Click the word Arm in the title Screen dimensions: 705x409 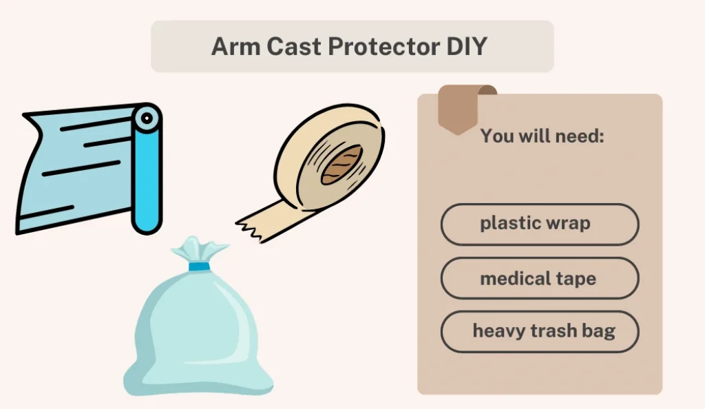[x=235, y=46]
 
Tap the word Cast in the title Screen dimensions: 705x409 [x=293, y=46]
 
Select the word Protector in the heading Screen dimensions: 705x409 [x=383, y=46]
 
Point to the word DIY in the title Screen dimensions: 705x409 [x=467, y=46]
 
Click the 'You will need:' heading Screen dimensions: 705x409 [x=542, y=136]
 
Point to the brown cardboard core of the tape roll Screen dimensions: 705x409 [x=342, y=165]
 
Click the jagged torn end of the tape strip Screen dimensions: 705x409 [x=249, y=229]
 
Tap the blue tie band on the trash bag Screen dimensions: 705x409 [x=199, y=266]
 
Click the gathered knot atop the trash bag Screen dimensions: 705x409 [x=200, y=250]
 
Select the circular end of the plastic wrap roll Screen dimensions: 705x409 [x=147, y=118]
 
